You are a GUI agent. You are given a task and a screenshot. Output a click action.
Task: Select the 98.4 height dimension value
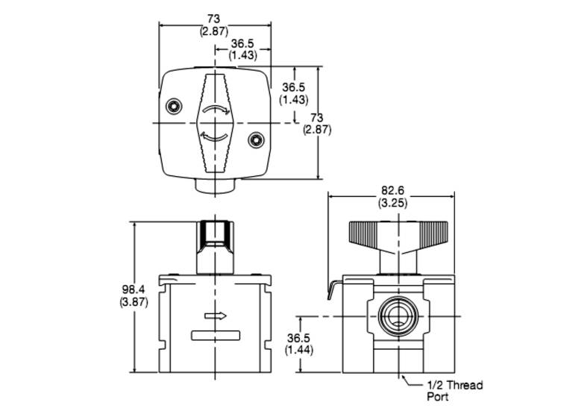(x=134, y=289)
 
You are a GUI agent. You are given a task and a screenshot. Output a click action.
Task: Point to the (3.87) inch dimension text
(x=134, y=301)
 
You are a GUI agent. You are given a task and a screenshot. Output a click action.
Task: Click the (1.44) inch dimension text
(x=299, y=350)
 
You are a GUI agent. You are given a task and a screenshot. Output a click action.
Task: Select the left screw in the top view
(x=174, y=107)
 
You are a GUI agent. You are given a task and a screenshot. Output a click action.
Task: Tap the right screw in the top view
(x=256, y=140)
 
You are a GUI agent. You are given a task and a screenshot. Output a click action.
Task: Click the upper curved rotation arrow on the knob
(x=216, y=109)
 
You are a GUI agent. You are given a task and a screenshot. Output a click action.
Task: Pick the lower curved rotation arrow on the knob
(x=215, y=137)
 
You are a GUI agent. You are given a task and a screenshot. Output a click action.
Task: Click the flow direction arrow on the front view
(x=216, y=316)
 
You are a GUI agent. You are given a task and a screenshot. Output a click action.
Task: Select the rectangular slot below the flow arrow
(x=216, y=336)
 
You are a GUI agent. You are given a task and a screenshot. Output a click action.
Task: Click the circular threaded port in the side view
(x=398, y=316)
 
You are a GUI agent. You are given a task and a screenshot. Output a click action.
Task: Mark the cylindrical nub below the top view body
(x=215, y=186)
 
